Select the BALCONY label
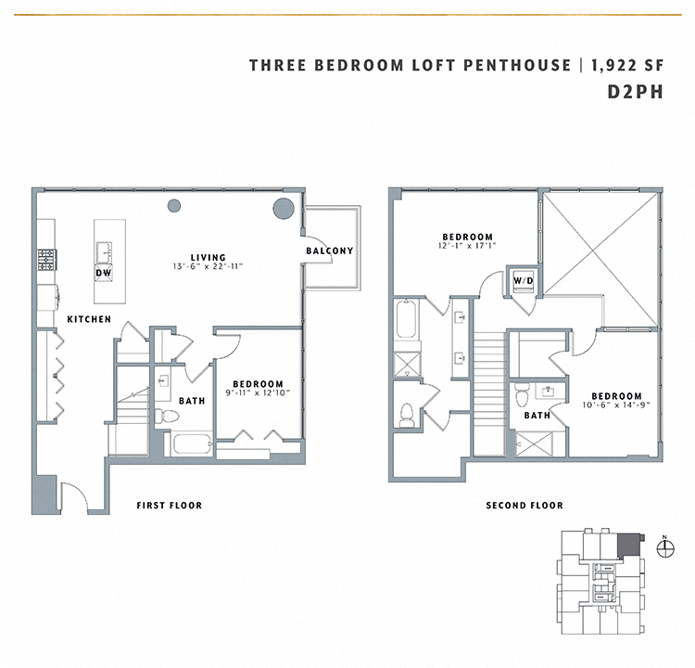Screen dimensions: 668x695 click(330, 251)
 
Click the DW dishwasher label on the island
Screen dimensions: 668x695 click(103, 273)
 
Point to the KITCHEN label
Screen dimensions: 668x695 click(89, 319)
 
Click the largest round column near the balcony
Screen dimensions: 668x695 click(283, 209)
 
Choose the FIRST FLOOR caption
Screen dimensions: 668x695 click(169, 506)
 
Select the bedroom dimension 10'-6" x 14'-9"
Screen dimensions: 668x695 click(610, 406)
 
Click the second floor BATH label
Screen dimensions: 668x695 click(537, 416)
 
